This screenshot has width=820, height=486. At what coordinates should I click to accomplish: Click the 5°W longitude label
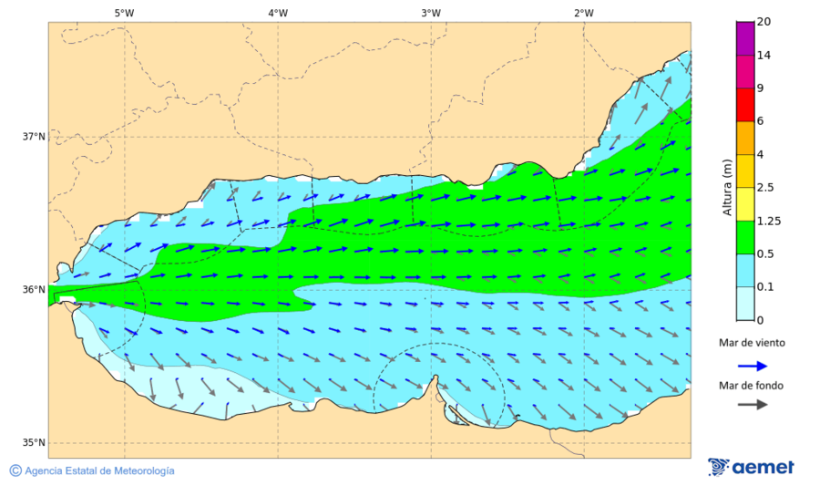click(124, 13)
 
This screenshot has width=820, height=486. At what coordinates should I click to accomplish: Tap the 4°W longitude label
click(278, 13)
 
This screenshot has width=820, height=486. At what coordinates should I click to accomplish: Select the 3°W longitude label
click(431, 13)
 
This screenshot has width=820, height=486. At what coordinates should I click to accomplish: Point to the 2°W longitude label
click(584, 13)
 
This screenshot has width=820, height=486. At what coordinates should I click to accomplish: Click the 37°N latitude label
click(34, 137)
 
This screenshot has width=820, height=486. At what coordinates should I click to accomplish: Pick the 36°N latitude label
click(34, 290)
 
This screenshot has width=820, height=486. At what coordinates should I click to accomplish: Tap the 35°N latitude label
click(34, 443)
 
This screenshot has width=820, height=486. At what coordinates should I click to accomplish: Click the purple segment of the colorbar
click(745, 38)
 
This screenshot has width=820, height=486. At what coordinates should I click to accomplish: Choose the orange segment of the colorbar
click(745, 138)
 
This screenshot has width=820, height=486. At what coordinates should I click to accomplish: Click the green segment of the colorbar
click(745, 237)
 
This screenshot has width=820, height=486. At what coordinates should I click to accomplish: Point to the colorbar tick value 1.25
click(770, 221)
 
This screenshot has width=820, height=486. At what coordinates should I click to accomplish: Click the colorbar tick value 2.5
click(766, 188)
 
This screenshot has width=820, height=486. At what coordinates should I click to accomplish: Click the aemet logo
click(751, 467)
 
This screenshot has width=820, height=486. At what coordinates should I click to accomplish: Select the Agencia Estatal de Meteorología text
click(99, 471)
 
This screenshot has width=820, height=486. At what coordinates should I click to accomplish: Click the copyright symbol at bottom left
click(15, 470)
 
